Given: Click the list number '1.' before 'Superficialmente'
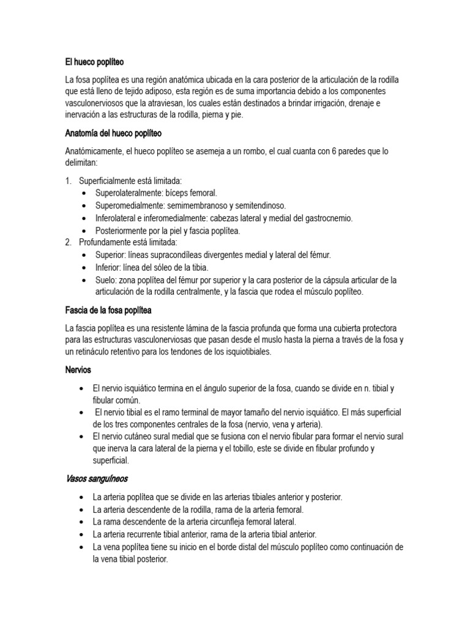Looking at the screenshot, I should point(69,180).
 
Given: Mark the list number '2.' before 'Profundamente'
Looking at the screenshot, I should point(69,242).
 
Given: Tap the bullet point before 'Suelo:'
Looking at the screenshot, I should point(84,280).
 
